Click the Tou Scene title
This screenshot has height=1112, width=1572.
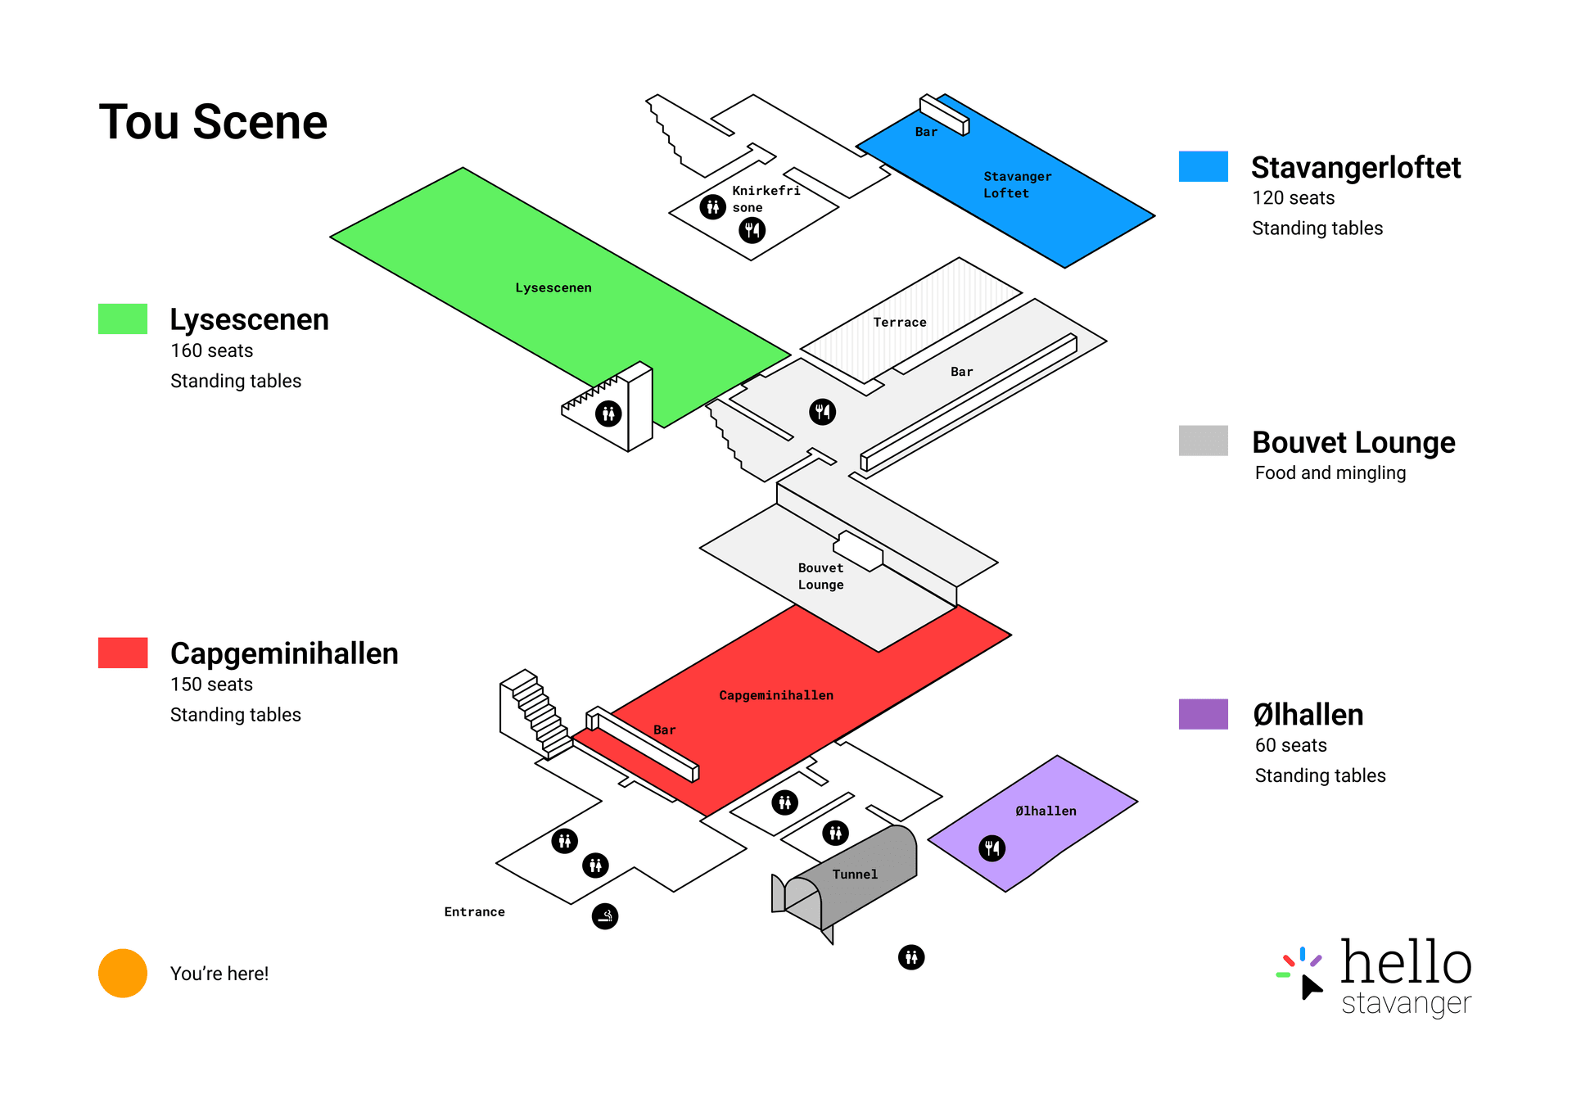(x=213, y=122)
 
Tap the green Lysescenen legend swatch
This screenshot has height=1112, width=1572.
(x=123, y=319)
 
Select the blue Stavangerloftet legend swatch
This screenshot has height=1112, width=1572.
(x=1203, y=166)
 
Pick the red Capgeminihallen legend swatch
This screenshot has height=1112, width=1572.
(x=123, y=653)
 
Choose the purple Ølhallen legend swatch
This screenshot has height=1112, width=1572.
(x=1203, y=714)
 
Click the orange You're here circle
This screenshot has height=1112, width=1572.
(x=123, y=973)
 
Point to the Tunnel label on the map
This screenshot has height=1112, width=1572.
(x=855, y=875)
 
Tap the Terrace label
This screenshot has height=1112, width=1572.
(x=899, y=323)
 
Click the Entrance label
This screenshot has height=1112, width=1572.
(x=474, y=912)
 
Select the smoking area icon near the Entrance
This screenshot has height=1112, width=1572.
(x=605, y=915)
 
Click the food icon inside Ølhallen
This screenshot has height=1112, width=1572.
(x=992, y=848)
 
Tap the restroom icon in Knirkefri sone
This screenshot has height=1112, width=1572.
(x=712, y=206)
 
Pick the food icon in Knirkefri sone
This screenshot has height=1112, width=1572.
(x=752, y=230)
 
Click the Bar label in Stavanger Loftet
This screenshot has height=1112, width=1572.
(x=926, y=132)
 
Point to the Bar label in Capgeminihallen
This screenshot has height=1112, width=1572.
(x=664, y=730)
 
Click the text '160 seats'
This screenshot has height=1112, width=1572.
(x=211, y=350)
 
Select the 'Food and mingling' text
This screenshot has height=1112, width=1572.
(x=1330, y=472)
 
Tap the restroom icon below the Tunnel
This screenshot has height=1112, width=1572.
(x=910, y=956)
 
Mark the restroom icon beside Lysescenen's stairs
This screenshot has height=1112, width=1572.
(x=608, y=414)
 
